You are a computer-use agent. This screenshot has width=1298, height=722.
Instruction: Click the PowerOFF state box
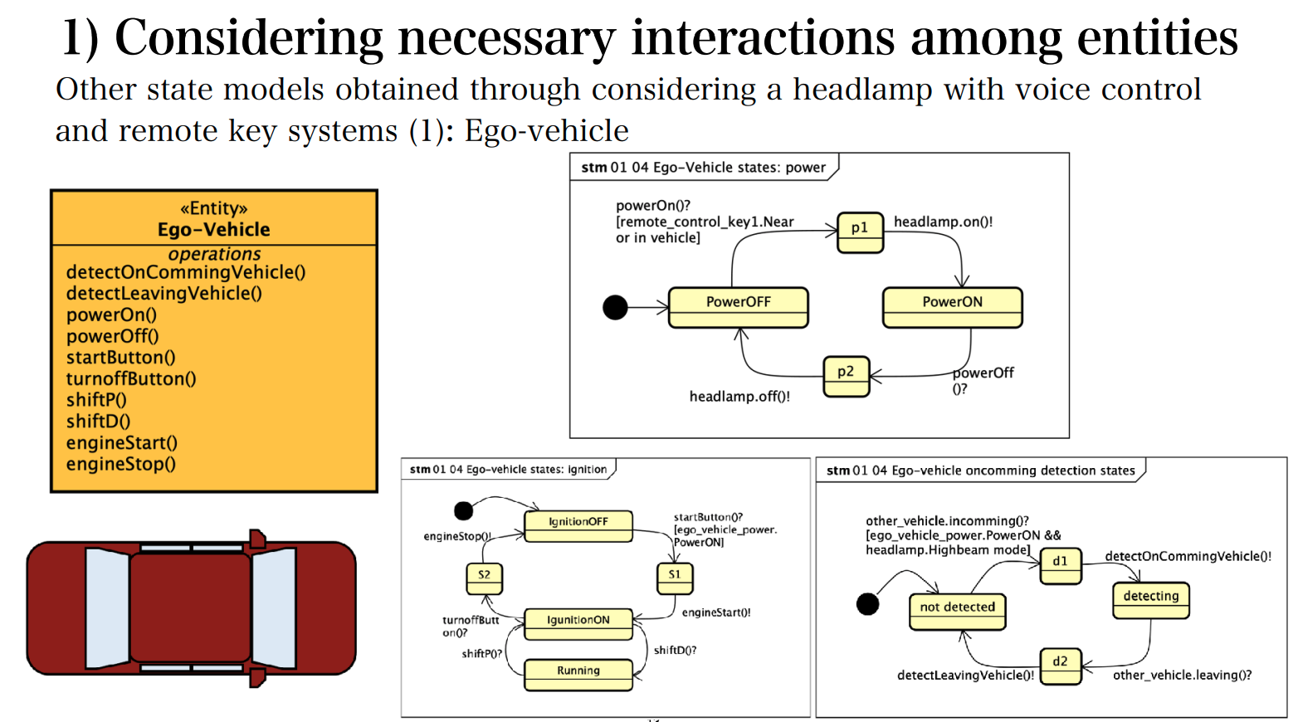[738, 307]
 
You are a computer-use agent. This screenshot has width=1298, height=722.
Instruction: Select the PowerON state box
[952, 307]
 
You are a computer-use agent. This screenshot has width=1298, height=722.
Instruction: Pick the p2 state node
[846, 377]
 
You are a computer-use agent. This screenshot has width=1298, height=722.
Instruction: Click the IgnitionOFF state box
[578, 526]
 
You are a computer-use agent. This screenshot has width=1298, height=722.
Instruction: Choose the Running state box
[578, 675]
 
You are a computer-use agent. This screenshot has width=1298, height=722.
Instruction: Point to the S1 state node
[675, 578]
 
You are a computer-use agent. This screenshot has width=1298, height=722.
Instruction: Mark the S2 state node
[484, 578]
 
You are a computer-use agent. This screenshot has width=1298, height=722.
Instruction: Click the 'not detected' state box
[958, 612]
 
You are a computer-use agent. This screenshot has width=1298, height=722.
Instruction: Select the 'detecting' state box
[1151, 600]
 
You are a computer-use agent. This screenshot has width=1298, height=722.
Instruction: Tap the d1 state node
[1061, 566]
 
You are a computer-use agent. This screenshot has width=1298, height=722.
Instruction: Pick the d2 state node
[1061, 666]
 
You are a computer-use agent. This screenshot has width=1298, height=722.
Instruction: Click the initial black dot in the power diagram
[615, 307]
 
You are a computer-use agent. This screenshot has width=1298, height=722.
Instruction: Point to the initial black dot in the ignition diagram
[464, 510]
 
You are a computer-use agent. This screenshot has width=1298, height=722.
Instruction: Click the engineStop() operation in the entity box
[121, 464]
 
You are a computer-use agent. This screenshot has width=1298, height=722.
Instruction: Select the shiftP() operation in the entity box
[96, 400]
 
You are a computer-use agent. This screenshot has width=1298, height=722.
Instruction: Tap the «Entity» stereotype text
[213, 208]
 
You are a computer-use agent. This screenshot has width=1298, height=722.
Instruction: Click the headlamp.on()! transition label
[943, 222]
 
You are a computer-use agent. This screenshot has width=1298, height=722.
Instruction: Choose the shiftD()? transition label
[675, 651]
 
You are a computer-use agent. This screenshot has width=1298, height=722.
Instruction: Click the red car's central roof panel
[190, 608]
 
